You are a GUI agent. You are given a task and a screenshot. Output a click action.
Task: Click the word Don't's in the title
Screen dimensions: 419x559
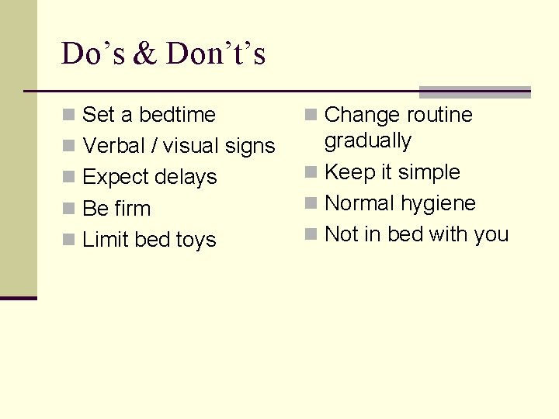(216, 54)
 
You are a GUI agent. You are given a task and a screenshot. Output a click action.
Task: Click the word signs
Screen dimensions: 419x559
(249, 146)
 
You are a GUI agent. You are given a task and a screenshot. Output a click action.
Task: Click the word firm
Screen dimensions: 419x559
(132, 209)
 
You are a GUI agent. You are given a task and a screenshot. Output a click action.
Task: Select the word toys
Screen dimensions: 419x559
(196, 240)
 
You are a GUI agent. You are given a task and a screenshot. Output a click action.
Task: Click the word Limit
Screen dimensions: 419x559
(105, 240)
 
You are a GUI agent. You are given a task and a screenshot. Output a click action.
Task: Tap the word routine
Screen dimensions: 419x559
(437, 115)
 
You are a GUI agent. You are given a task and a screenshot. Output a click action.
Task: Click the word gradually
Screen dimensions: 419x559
(367, 141)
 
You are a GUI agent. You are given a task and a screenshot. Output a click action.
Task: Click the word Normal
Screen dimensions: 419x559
(360, 203)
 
